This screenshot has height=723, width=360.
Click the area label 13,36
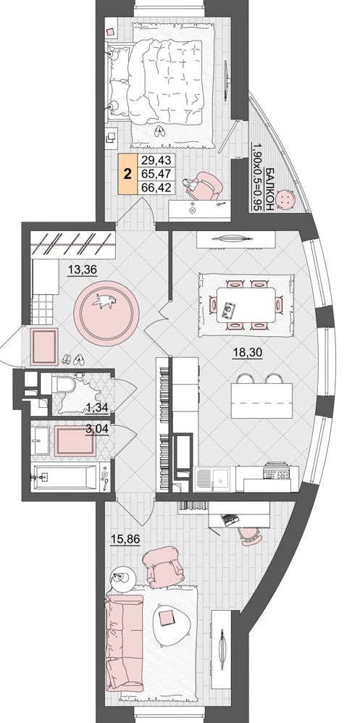tap(82, 269)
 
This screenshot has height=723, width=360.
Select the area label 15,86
tap(125, 538)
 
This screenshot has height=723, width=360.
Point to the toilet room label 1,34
tap(96, 406)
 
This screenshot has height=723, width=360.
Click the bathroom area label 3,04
tap(97, 429)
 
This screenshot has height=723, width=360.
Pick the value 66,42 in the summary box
tap(156, 188)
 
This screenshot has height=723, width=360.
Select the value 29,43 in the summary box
tap(156, 160)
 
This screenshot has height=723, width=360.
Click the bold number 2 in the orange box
tap(127, 175)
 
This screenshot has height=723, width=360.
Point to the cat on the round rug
tap(104, 301)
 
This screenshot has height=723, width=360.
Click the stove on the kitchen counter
tap(276, 471)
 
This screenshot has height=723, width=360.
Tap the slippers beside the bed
tap(159, 131)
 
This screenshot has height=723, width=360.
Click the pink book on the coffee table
tap(165, 617)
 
